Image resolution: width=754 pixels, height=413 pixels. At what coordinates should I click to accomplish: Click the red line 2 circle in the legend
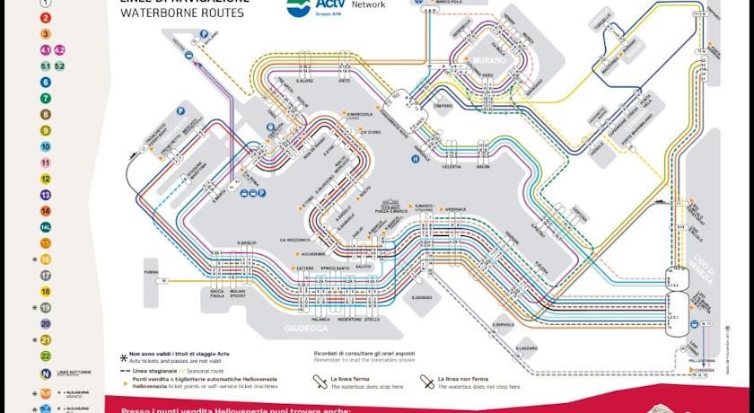[45, 18]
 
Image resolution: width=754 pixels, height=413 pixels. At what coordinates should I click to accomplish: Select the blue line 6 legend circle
[45, 82]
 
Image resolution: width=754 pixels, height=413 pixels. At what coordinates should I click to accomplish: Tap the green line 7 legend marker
[45, 98]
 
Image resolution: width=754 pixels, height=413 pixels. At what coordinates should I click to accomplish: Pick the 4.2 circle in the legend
[60, 49]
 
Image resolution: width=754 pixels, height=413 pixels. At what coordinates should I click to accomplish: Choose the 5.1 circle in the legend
[45, 66]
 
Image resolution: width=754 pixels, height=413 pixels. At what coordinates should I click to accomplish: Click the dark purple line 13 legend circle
[45, 195]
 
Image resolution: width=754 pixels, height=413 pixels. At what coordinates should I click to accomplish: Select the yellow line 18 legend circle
[45, 292]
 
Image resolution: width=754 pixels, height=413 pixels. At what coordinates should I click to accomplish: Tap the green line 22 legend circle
[45, 356]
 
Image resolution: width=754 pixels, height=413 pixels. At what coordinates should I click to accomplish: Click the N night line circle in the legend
[45, 373]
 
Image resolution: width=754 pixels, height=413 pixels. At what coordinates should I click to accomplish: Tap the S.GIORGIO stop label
[422, 297]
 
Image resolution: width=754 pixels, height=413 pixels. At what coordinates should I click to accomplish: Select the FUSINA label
[151, 271]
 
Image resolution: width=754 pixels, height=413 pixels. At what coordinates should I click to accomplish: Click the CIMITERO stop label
[443, 106]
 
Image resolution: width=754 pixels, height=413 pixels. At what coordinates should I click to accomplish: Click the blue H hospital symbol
[415, 159]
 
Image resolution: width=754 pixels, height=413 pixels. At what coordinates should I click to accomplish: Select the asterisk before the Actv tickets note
[124, 356]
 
